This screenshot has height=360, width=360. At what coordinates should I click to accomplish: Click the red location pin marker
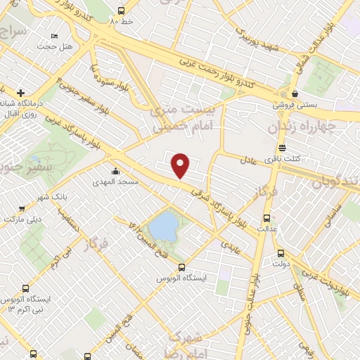(x=181, y=165)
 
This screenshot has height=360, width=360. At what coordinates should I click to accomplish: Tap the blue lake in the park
(x=165, y=226)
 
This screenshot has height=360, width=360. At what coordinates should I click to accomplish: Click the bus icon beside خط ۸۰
(x=121, y=11)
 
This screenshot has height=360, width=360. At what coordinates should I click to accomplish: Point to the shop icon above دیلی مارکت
(x=22, y=208)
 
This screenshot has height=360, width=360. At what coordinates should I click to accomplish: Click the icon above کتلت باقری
(x=282, y=148)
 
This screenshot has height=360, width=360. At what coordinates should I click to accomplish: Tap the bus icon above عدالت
(x=266, y=218)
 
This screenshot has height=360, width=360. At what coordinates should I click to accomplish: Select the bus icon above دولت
(x=281, y=254)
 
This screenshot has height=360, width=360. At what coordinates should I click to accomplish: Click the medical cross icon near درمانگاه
(x=21, y=93)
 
